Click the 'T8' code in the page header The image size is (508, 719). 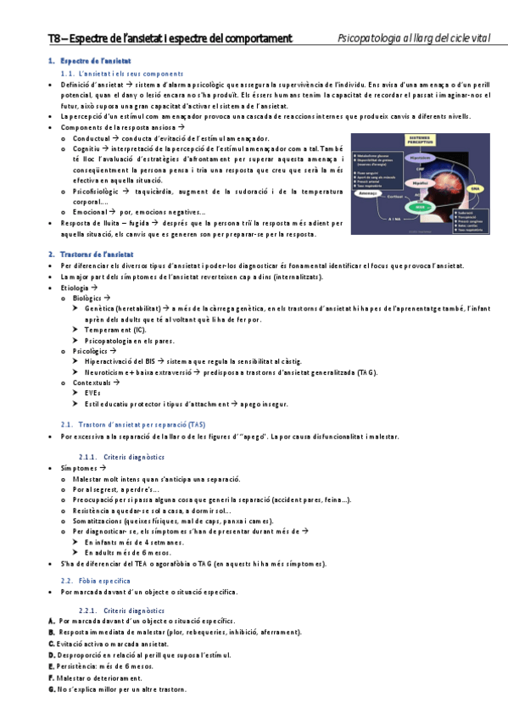coord(54,39)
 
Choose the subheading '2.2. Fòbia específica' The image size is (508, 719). coord(98,579)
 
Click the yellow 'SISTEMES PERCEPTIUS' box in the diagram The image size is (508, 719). coord(420,142)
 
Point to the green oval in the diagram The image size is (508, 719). coord(418,207)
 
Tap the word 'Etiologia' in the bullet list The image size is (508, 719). coord(76,288)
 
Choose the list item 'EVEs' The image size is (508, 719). coord(92,393)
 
